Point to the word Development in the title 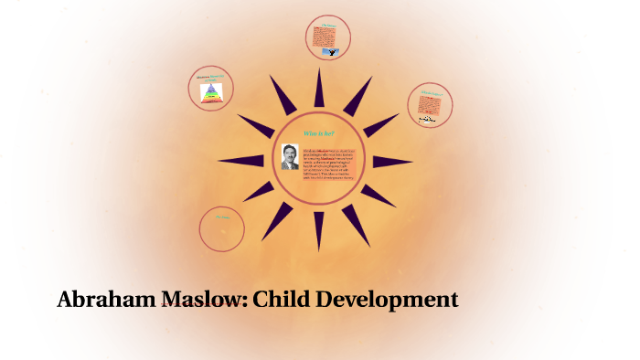click(392, 299)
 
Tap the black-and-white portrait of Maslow click(290, 156)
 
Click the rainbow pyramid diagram click(211, 91)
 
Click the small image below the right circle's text click(428, 120)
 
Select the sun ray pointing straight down click(319, 232)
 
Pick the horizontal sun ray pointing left click(240, 161)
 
